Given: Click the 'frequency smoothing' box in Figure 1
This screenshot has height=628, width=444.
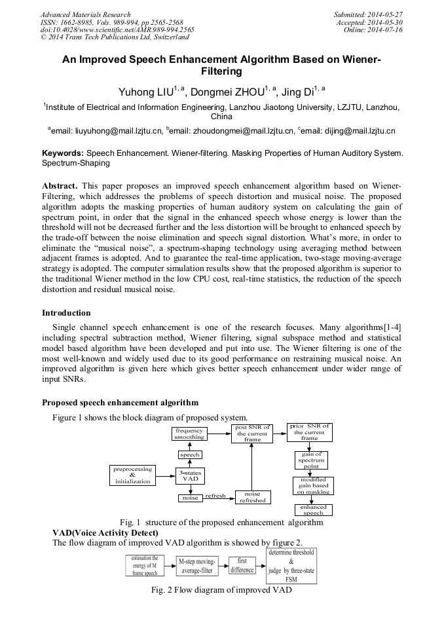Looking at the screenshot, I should pos(189,434).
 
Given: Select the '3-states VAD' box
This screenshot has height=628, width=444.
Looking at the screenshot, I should pos(190,475).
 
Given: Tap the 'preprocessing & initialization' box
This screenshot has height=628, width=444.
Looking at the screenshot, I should pos(133,475).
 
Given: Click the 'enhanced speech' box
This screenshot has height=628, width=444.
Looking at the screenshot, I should pos(313,509).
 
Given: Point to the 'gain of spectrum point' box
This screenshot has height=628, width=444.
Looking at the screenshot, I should pos(312,460).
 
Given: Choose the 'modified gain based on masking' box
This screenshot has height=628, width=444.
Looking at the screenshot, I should pos(312,485).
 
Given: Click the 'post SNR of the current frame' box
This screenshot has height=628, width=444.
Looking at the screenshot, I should pos(252,434).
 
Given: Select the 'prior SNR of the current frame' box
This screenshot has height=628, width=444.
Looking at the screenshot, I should pos(309,433).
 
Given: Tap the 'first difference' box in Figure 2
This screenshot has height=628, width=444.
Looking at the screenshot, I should pos(242,565).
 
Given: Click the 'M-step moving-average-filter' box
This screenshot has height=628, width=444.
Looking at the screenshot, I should pos(197,566).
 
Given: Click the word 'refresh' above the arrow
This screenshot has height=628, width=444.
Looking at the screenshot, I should pos(215,496).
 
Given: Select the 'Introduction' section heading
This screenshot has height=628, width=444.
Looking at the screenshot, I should pos(66,313).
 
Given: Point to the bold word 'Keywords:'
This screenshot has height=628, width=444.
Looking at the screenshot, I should pos(62,153).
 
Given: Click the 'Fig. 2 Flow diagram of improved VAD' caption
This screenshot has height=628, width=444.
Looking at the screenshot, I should pos(221,590).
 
